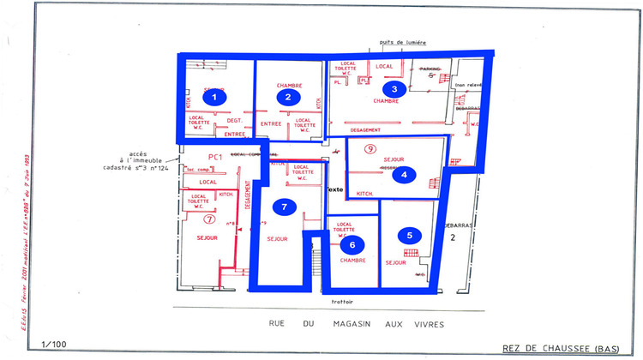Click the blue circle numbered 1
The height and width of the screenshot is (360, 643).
219,97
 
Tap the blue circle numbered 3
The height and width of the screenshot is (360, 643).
394,88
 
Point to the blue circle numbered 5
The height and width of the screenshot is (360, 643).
410,234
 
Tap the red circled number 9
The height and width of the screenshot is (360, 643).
370,149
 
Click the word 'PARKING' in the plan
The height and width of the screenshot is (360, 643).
430,68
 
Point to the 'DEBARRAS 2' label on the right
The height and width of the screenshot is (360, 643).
452,232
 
